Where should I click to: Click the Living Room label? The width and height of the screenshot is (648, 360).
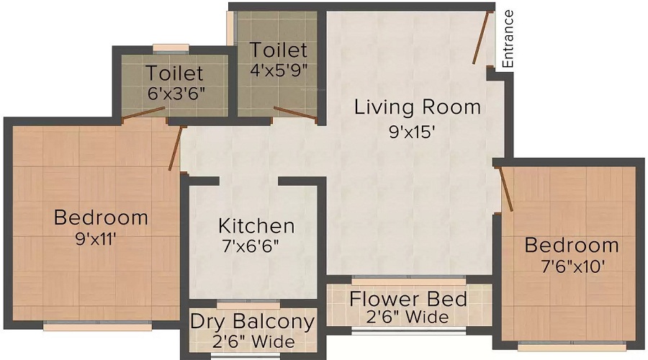418,107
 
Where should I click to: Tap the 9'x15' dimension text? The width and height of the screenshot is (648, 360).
412,132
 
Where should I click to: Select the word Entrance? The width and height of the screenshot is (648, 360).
508,39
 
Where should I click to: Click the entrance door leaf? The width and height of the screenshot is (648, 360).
482,37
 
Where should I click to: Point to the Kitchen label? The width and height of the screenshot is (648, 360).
256,226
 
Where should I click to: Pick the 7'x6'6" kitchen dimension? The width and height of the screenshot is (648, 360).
250,246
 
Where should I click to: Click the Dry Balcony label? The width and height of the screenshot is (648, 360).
253,322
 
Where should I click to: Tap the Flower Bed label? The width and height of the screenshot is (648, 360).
408,299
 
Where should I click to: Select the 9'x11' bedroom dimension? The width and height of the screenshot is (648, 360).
96,238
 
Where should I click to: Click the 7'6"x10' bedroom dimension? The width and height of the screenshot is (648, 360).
573,266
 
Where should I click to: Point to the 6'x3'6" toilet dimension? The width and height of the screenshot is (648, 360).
176,94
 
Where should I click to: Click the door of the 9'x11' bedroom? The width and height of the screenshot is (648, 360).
175,148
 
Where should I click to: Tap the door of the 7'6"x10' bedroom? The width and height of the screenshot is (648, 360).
506,189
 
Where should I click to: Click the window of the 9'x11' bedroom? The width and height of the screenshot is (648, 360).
97,325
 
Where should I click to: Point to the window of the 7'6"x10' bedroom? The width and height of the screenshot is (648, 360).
572,346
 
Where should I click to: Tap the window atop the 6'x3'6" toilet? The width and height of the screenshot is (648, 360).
171,49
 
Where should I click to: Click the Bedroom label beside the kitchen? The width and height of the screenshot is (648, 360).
101,218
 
